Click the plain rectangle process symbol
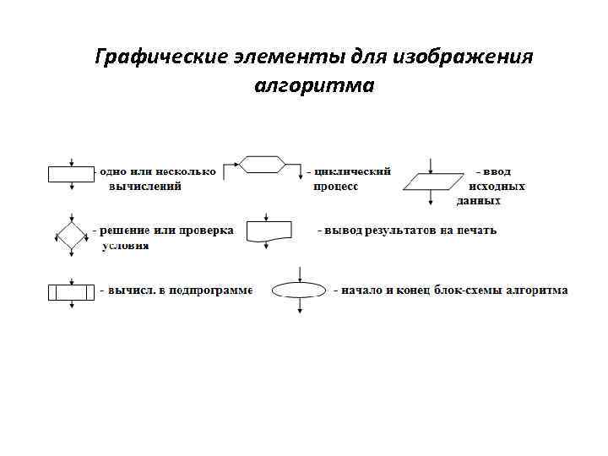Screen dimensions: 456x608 coord(71,174)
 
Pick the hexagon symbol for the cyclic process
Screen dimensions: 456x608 coord(260,163)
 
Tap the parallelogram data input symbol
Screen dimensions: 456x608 coord(432,181)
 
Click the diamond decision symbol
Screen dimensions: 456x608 coord(71,236)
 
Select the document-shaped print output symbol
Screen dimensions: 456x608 coord(268,231)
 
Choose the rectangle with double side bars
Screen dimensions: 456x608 coord(71,292)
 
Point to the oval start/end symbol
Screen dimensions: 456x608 coord(300,290)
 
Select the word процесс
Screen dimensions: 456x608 coord(336,187)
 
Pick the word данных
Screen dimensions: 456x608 coord(479,201)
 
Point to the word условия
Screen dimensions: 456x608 coord(126,246)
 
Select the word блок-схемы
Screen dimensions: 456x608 coord(469,290)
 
